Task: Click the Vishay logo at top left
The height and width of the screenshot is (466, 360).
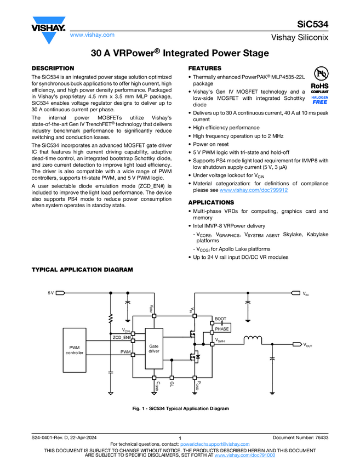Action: (49, 26)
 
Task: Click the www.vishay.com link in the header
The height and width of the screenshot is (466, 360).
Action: (92, 35)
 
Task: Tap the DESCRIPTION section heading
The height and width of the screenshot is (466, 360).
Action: (53, 68)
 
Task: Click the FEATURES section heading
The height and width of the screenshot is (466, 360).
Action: (205, 68)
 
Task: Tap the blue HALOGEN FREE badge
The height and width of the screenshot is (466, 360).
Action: (320, 99)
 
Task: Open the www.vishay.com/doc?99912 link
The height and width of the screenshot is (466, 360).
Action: (254, 190)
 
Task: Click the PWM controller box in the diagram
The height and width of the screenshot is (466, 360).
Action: (75, 350)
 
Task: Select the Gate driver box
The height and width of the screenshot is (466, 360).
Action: (154, 348)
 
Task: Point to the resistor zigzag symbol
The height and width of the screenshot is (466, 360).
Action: (111, 319)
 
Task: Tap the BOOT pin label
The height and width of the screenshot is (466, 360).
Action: (220, 319)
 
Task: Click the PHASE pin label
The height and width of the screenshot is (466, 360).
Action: (221, 329)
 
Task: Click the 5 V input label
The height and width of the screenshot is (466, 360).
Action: (51, 293)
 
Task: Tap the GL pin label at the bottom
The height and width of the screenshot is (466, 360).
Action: (172, 385)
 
